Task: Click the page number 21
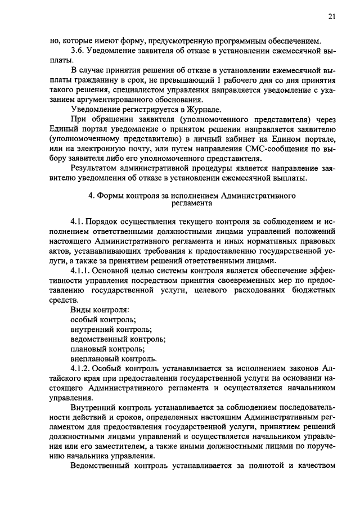[332, 17]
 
